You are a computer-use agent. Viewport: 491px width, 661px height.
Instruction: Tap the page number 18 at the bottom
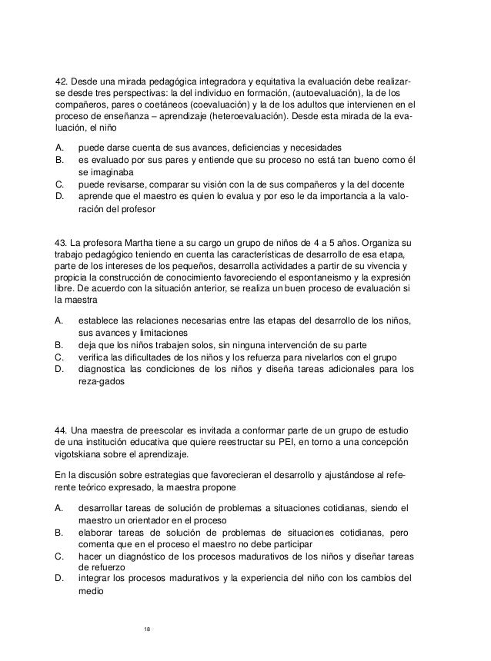pyautogui.click(x=149, y=629)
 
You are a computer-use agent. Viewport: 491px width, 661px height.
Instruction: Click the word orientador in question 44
pyautogui.click(x=155, y=521)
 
